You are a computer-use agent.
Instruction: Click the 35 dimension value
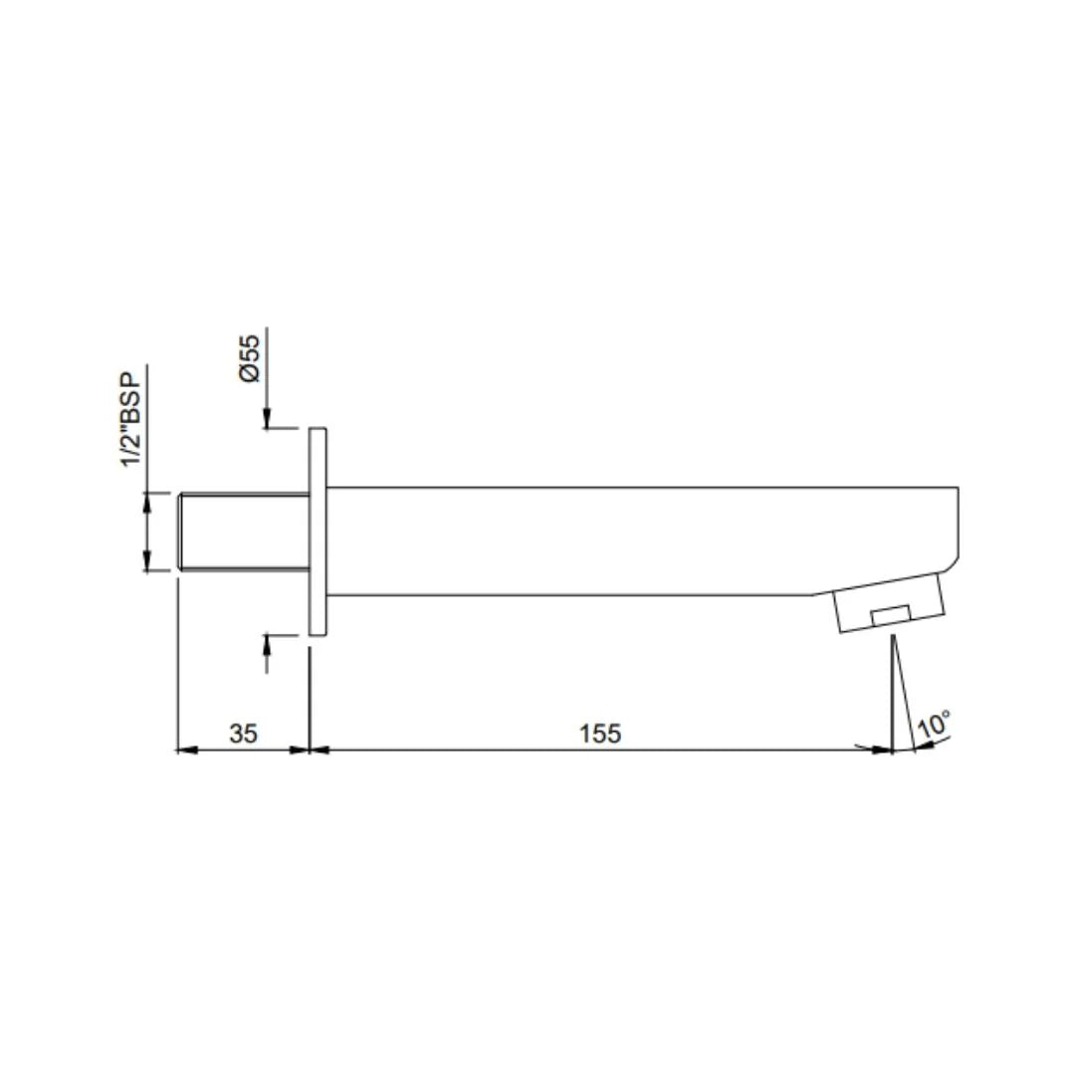tap(243, 734)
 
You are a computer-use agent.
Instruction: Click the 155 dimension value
tap(600, 734)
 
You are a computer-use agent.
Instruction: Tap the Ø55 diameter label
tap(249, 357)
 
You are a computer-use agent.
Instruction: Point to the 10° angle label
tap(934, 724)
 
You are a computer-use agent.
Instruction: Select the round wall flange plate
tap(318, 532)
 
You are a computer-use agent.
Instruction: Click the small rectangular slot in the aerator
tap(891, 615)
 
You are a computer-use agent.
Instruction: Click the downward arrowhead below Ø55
tap(267, 419)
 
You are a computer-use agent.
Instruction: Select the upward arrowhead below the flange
tap(267, 643)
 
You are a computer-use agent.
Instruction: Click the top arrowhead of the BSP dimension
tap(147, 501)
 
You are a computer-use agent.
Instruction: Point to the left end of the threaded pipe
tap(180, 532)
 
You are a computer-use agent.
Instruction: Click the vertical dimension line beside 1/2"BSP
tap(147, 532)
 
